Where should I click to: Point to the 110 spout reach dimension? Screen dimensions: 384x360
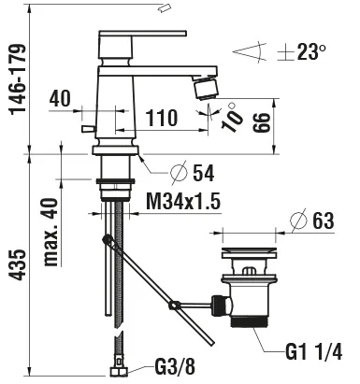[161, 119]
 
